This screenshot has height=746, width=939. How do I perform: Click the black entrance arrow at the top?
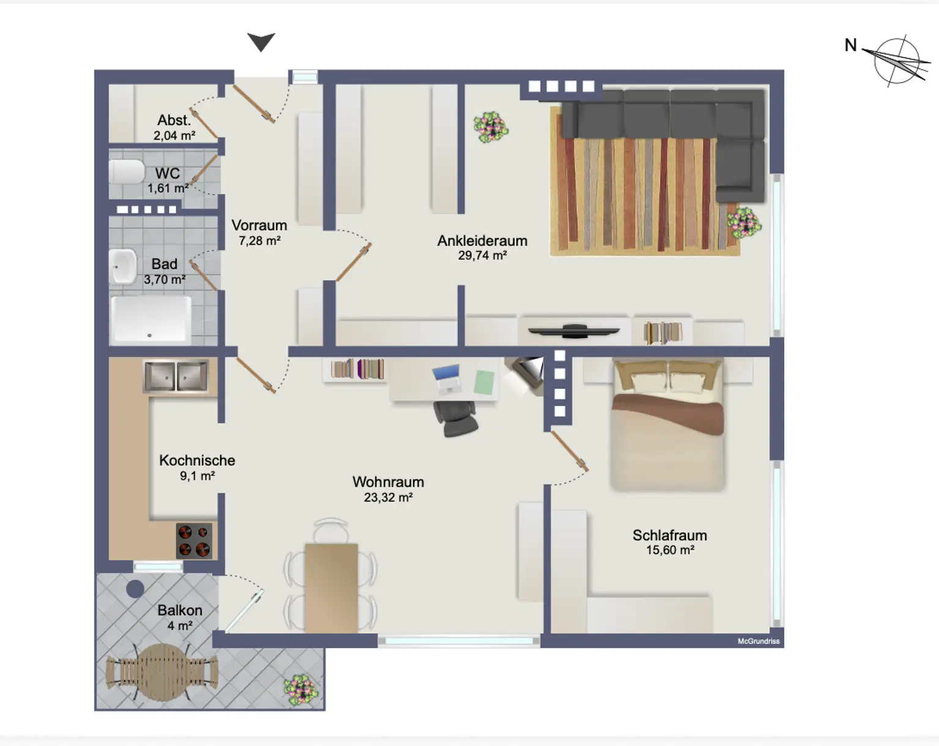[x=261, y=42]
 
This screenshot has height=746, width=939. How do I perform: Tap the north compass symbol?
[x=896, y=61]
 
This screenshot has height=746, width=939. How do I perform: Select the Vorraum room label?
[x=259, y=226]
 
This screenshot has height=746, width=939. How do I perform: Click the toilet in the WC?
[x=126, y=172]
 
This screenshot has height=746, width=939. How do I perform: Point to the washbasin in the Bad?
[x=123, y=267]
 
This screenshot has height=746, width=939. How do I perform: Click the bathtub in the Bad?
[x=150, y=319]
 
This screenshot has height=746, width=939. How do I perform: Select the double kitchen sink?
[x=176, y=375]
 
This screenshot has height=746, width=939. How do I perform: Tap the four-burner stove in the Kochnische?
[x=194, y=541]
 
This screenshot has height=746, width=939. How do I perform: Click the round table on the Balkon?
[x=162, y=671]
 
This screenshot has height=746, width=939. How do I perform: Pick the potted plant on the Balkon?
[x=301, y=690]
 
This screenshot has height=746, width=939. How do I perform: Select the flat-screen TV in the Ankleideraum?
[x=573, y=331]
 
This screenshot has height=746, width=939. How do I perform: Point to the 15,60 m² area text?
[x=670, y=550]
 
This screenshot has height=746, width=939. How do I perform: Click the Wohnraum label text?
[x=388, y=482]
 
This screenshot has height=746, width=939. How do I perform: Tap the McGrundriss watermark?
[x=758, y=641]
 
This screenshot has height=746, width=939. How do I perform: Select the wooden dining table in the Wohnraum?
[x=331, y=587]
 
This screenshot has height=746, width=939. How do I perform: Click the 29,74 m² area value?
[x=482, y=256]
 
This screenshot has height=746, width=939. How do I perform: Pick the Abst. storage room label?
[x=174, y=120]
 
